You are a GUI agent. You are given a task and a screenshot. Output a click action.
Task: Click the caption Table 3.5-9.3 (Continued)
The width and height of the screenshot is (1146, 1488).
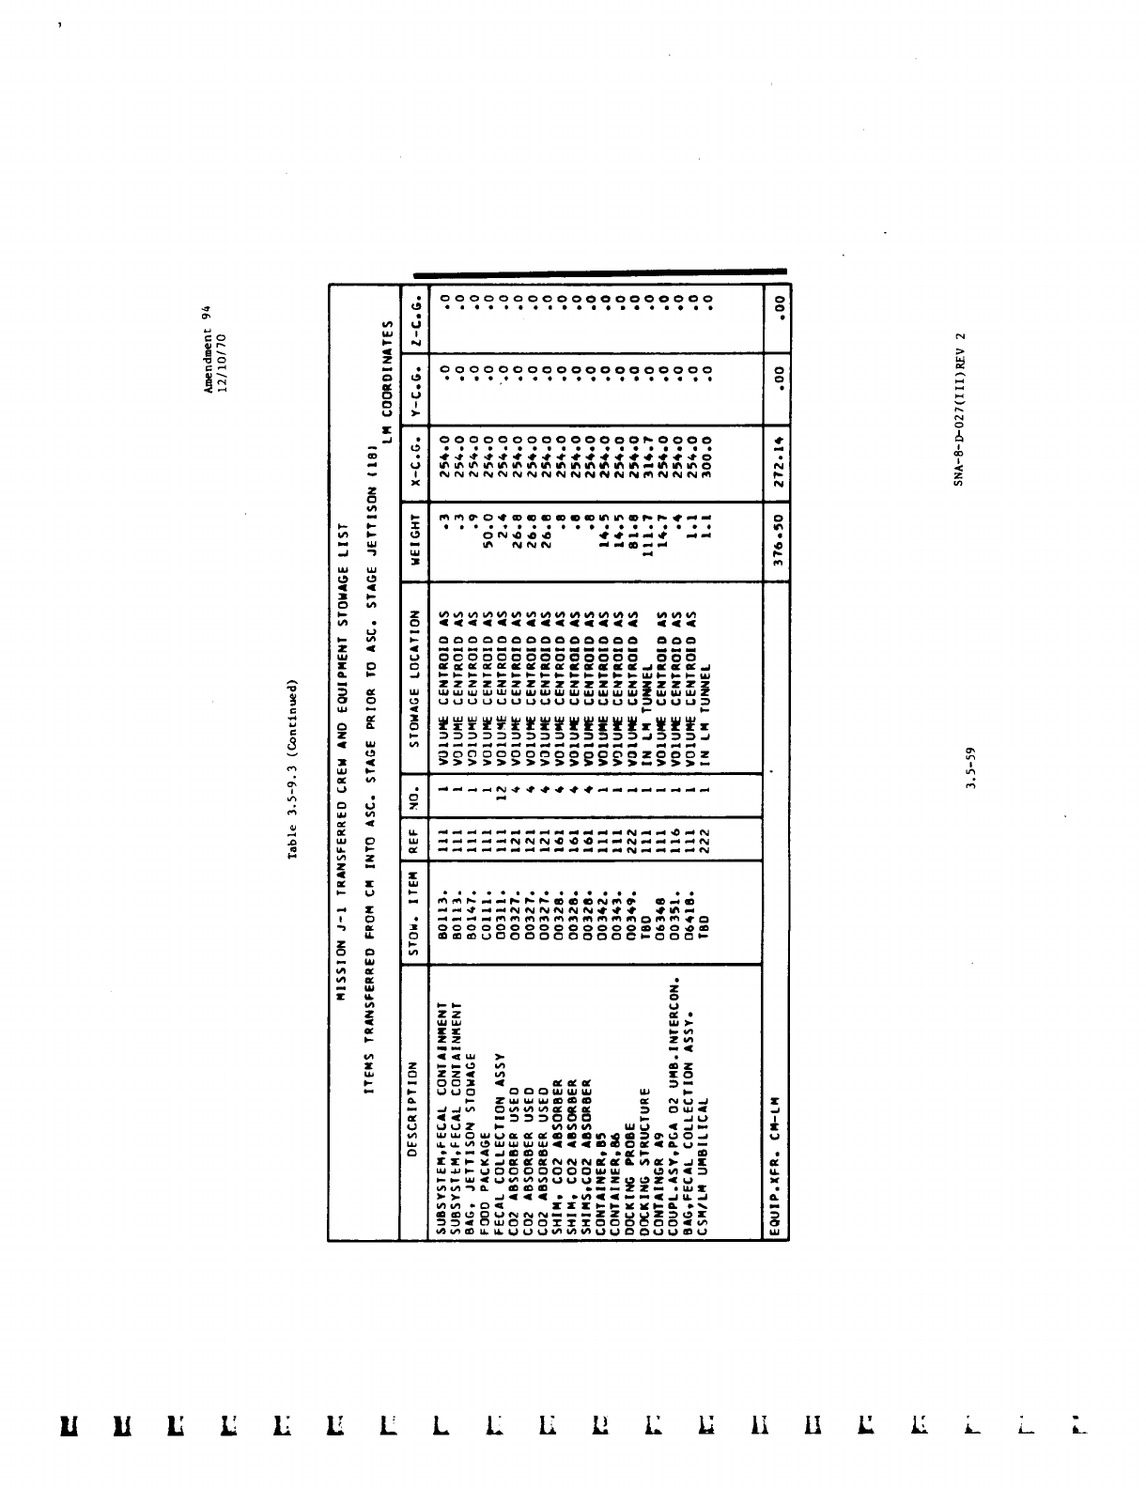click(293, 768)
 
